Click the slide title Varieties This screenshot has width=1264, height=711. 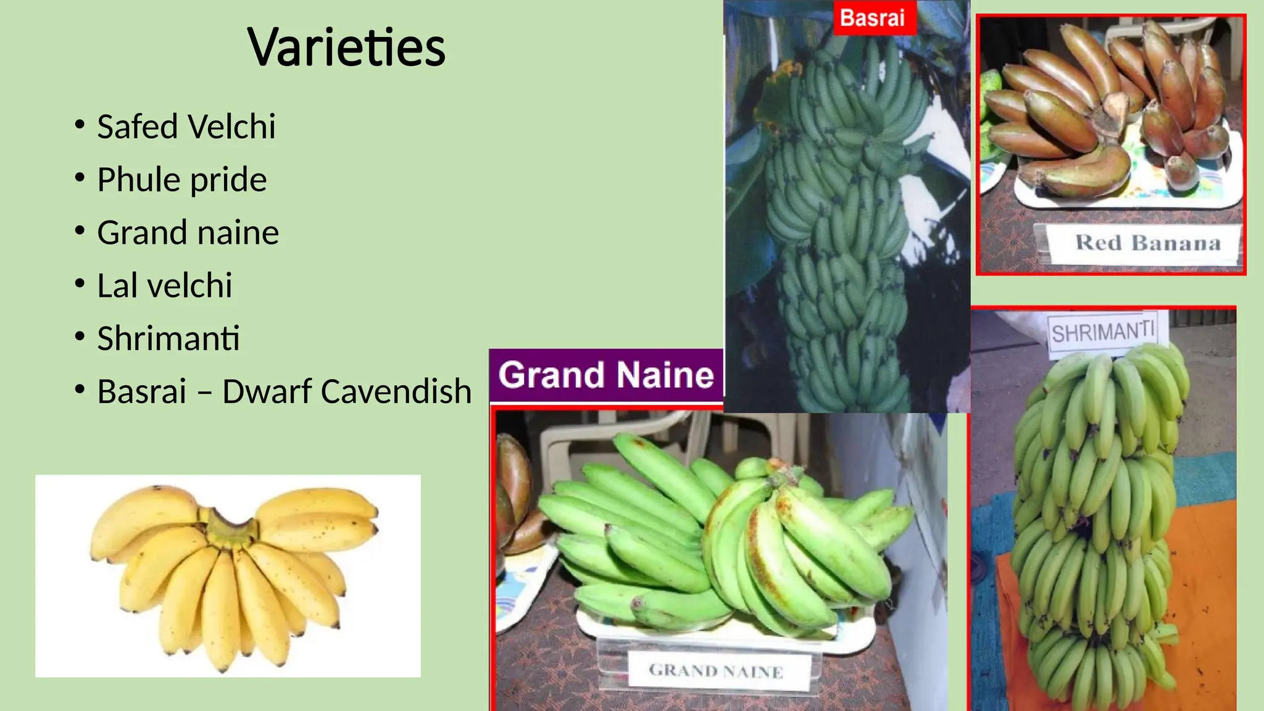click(x=346, y=48)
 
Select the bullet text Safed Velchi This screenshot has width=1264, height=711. click(x=186, y=127)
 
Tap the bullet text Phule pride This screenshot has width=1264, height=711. click(x=181, y=180)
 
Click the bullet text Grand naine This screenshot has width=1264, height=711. click(x=188, y=233)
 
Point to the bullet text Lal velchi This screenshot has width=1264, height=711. click(x=164, y=286)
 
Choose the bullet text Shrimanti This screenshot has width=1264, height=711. click(x=168, y=339)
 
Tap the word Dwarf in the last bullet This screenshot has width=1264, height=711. click(x=264, y=392)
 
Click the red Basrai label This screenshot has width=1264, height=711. click(x=872, y=18)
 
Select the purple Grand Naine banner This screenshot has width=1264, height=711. click(x=605, y=375)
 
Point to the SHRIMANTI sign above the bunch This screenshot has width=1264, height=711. click(x=1102, y=333)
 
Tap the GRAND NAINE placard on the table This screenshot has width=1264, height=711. click(x=716, y=671)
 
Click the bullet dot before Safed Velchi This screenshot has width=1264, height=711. click(x=79, y=125)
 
